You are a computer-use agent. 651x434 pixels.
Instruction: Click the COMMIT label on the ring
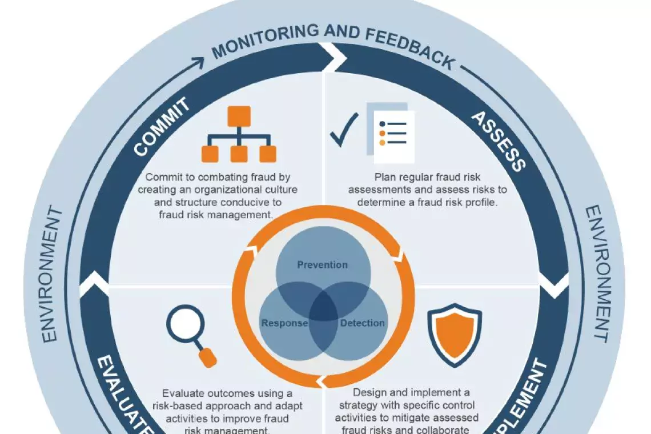coord(162,127)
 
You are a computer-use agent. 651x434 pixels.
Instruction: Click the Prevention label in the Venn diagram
coord(322,265)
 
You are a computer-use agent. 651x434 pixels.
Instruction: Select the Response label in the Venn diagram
coord(284,323)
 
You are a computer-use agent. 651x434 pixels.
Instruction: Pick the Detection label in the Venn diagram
coord(363,323)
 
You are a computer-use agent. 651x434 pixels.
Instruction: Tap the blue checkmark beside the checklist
coord(344,130)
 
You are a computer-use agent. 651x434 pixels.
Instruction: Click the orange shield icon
coord(454,333)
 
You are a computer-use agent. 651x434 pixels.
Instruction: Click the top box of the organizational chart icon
coord(239,116)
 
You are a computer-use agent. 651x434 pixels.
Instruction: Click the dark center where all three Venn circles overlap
coord(323,308)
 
